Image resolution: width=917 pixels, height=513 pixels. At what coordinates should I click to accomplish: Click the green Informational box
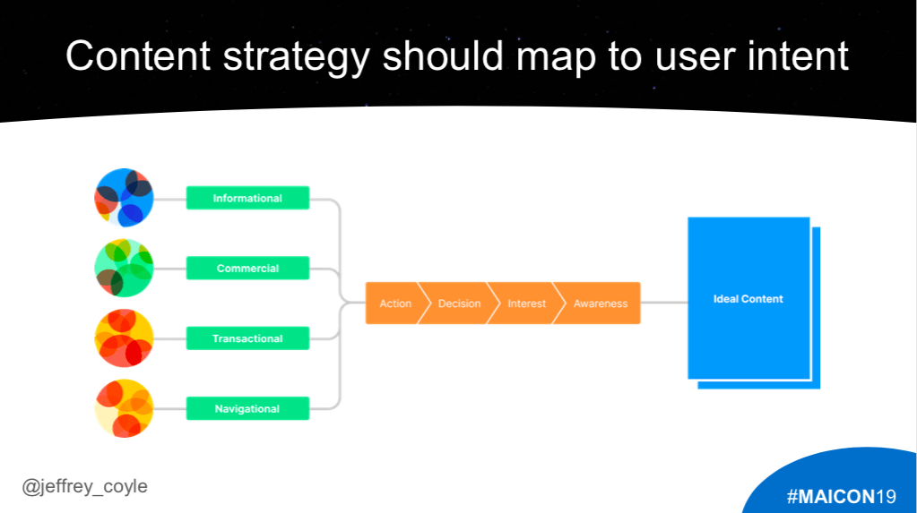tap(247, 198)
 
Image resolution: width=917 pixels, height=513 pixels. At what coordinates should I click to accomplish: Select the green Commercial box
tap(247, 269)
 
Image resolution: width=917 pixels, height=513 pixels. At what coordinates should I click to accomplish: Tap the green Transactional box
tap(247, 338)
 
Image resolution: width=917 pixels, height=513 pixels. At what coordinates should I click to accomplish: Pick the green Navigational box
tap(247, 408)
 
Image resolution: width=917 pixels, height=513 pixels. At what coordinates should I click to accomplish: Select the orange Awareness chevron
tap(600, 304)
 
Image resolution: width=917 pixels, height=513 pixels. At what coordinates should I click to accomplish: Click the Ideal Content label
tap(748, 299)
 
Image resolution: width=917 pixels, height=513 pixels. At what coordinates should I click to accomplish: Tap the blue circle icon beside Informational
tap(124, 198)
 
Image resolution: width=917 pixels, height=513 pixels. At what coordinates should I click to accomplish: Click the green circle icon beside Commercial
tap(124, 268)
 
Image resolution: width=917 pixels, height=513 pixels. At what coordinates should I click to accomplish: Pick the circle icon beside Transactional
tap(124, 338)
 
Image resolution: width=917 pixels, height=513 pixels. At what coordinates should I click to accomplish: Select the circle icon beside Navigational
tap(124, 408)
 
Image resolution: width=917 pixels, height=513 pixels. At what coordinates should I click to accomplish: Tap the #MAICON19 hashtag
tap(841, 497)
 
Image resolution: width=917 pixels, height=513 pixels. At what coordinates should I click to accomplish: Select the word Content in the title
tap(138, 56)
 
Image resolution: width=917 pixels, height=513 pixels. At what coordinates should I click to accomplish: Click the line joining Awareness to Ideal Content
tap(664, 303)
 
